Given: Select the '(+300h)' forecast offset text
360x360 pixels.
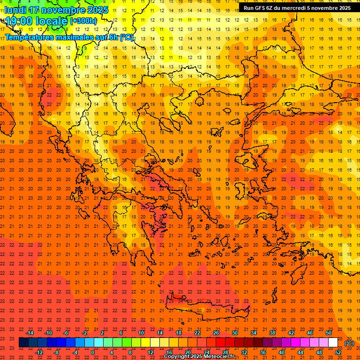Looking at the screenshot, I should point(83,21).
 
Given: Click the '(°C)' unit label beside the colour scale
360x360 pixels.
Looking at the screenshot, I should point(349,343).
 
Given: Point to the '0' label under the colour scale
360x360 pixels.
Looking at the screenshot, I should point(93,352).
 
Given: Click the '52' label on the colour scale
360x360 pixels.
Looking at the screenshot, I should point(338,352).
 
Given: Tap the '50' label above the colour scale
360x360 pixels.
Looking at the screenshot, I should point(329,333).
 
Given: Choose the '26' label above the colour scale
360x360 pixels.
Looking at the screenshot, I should point(216,333).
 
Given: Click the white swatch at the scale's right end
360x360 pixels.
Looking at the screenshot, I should point(333,343).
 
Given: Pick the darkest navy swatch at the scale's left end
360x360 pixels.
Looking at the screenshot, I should point(23,343).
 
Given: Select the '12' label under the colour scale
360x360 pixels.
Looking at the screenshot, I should point(150,352).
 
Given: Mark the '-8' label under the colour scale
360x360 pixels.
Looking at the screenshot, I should point(56,352).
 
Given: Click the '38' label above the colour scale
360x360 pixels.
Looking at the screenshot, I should point(272,333).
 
